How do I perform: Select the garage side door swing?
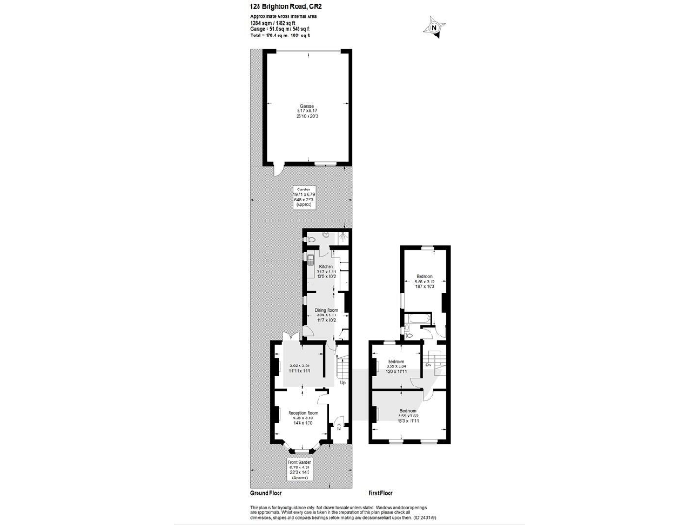[278, 170]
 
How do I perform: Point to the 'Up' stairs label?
[342, 382]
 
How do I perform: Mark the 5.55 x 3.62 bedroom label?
[407, 417]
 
